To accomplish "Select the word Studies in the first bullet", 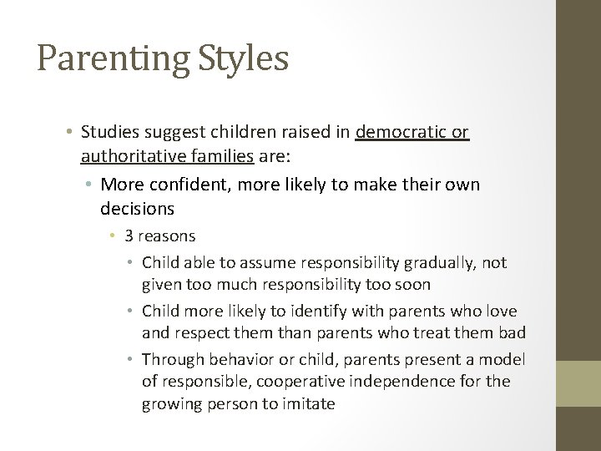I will (113, 132).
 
